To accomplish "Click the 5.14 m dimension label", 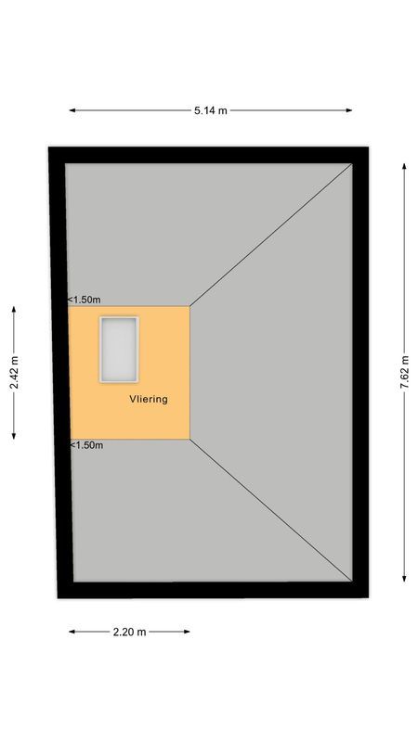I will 210,110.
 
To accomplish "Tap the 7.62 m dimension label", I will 404,373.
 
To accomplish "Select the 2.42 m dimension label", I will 13,373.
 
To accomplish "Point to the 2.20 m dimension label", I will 129,633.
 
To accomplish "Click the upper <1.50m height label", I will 85,300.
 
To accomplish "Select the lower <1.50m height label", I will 85,445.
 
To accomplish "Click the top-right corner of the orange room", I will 189,306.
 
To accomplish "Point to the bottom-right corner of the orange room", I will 189,439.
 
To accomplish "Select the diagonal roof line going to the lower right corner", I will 271,509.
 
